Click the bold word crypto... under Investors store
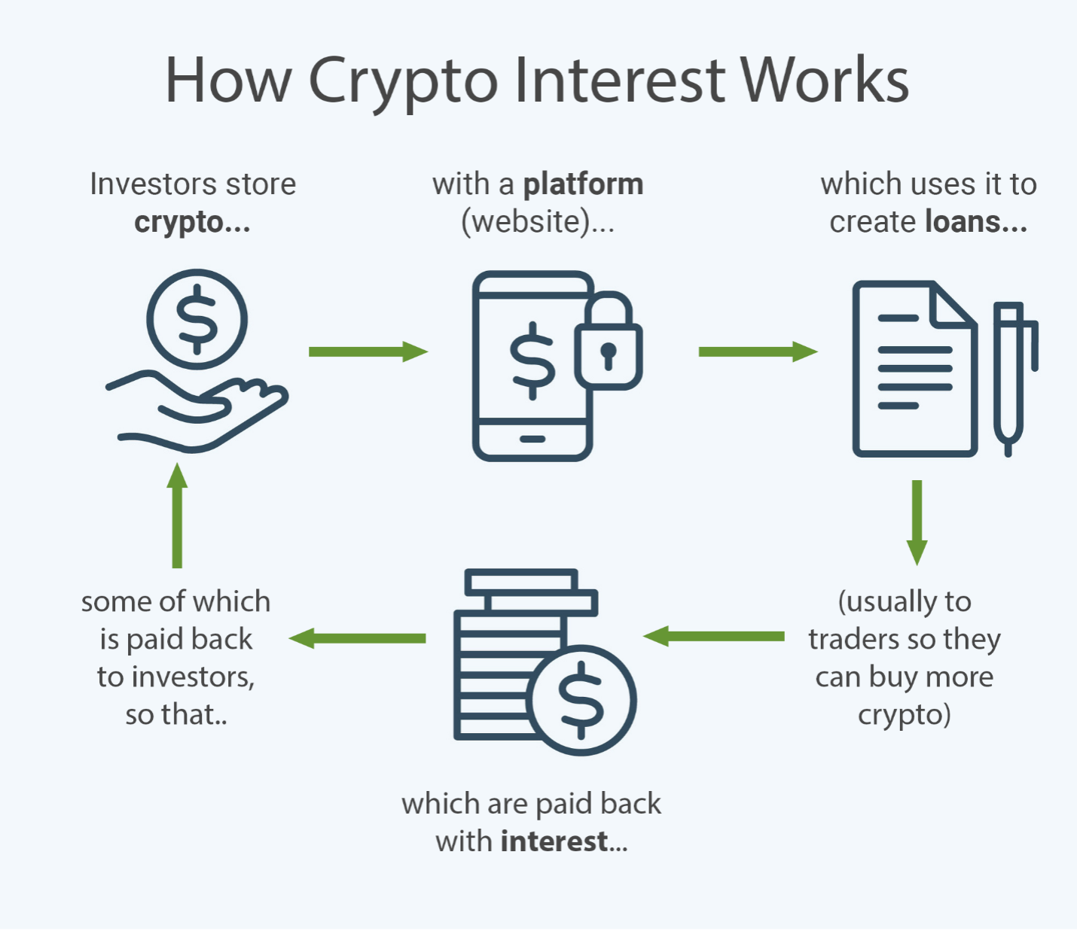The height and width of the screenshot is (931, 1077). point(192,223)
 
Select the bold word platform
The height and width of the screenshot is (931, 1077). point(583,184)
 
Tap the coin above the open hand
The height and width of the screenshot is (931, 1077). point(197,319)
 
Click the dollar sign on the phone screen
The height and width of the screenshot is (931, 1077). point(532,360)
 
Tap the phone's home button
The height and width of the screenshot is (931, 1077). point(532,439)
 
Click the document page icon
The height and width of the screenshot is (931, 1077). point(913,369)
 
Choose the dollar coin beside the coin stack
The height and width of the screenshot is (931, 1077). point(581,700)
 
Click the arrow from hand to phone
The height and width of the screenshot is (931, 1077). point(368,351)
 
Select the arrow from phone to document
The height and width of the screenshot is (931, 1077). point(758,351)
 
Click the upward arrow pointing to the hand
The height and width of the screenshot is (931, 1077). point(177,516)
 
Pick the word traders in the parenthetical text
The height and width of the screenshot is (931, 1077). point(853,640)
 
